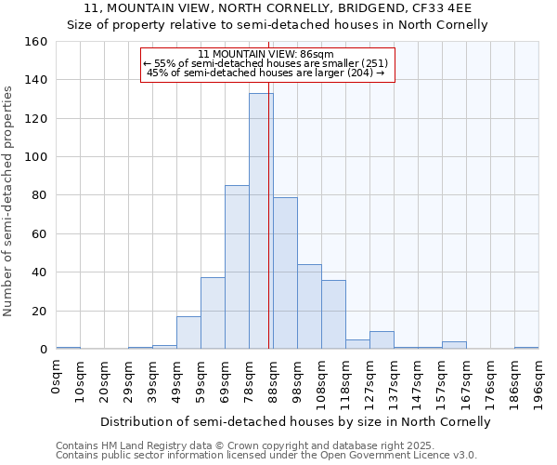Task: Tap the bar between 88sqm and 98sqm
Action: point(285,273)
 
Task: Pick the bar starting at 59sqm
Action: point(213,313)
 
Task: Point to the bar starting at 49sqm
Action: point(188,333)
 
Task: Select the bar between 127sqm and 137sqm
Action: point(382,340)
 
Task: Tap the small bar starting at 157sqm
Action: point(454,345)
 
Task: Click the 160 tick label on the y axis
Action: point(35,42)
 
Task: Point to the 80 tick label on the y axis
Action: point(39,195)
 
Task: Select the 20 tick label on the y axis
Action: point(39,311)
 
